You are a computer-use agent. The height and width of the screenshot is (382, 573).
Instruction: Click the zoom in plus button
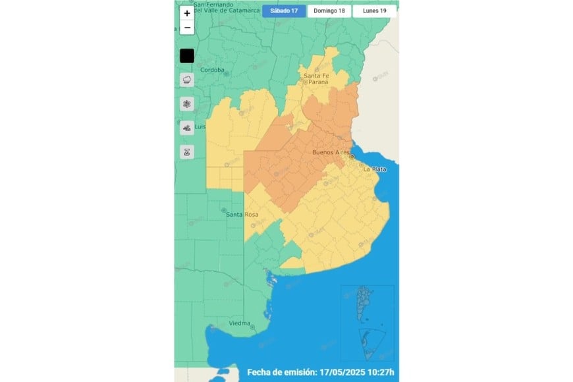coord(187,13)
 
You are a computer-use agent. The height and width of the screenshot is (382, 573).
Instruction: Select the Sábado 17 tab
coord(284,11)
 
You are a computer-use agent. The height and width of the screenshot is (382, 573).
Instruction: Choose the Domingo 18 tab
coord(328,11)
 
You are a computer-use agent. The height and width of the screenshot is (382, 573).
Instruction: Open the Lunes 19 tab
coord(374,11)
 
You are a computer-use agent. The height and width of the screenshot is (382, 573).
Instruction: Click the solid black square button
coord(187,56)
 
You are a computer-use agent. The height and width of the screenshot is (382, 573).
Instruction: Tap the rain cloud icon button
coord(187,80)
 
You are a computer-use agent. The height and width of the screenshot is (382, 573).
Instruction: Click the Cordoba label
coord(212,70)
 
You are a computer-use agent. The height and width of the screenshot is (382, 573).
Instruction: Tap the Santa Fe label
coord(315,76)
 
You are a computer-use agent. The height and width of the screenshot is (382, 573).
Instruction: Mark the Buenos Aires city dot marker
coord(352,157)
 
